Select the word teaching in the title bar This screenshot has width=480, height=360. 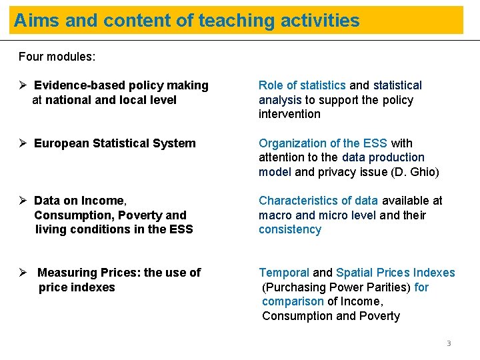(230, 21)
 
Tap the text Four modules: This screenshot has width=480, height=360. (57, 57)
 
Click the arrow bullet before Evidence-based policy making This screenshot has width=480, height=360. (23, 85)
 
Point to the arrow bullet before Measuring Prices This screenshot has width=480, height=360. (23, 273)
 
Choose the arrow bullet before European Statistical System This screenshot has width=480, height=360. (23, 143)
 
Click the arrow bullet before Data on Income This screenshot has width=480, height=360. (23, 201)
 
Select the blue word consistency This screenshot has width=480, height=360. (290, 229)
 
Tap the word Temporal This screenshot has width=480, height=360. (284, 273)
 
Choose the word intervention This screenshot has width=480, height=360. (289, 114)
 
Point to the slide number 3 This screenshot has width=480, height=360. (449, 344)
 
